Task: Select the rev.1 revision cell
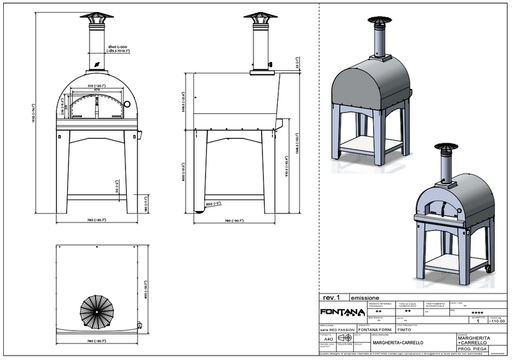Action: pos(330,297)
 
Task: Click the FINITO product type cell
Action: pos(404,329)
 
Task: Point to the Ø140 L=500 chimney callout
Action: pos(120,48)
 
